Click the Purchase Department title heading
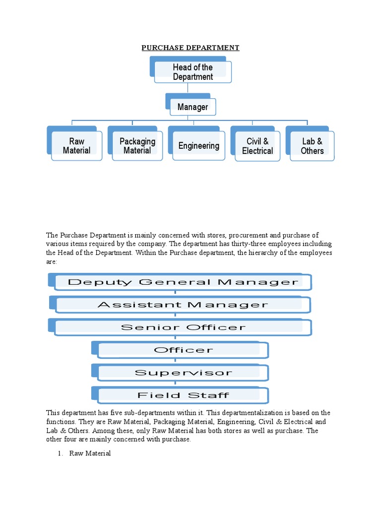point(190,48)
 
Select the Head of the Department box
point(192,72)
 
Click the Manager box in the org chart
point(192,107)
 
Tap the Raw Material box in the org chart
point(76,146)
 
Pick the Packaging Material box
point(137,146)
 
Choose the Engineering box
point(198,146)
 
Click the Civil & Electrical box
point(257,146)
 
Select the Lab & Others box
point(312,146)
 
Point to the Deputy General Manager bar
point(183,282)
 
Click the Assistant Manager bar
point(183,305)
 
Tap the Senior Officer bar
point(183,327)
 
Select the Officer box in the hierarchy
point(183,350)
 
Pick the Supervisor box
point(183,373)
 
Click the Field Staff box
point(183,395)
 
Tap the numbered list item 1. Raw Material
point(89,453)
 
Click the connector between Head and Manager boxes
point(188,88)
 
